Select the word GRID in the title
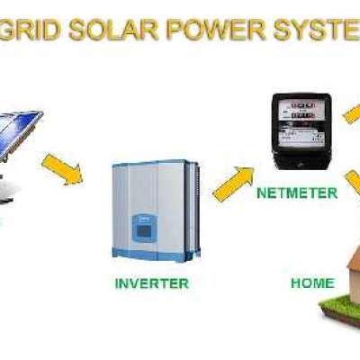click(x=30, y=31)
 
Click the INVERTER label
click(x=152, y=283)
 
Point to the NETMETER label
click(x=297, y=193)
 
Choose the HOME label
click(x=312, y=283)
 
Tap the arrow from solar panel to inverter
click(x=62, y=169)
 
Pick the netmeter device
click(x=301, y=131)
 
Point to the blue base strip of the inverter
click(x=150, y=255)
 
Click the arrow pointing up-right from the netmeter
click(x=352, y=113)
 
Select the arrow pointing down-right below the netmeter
click(x=353, y=183)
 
